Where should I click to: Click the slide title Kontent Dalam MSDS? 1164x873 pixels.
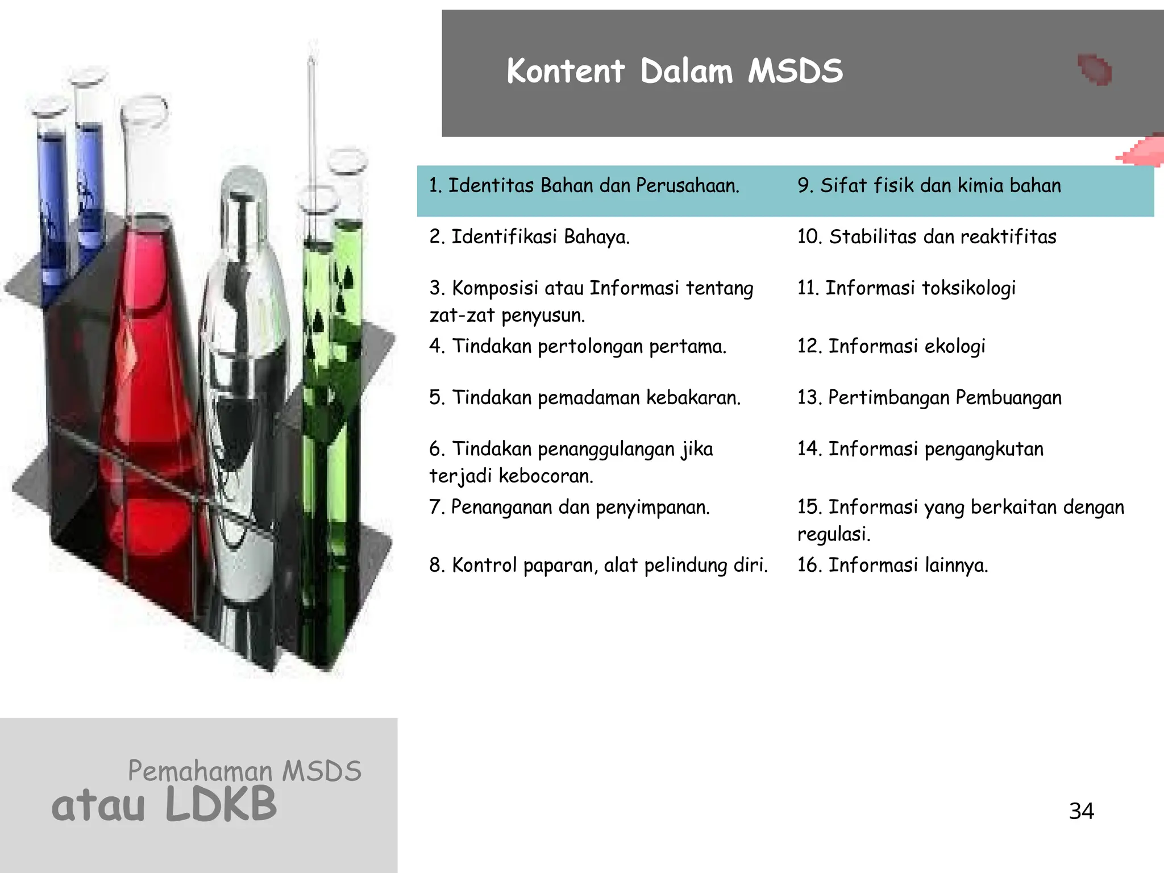point(674,72)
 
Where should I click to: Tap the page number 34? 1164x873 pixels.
point(1081,811)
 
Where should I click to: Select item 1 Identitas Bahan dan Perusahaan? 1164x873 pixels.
point(584,186)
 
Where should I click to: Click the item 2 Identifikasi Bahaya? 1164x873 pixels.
point(529,237)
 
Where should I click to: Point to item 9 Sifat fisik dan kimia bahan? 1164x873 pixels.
point(929,186)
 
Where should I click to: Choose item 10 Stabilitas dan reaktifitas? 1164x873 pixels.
point(926,237)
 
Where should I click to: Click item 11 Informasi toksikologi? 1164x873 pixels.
point(906,288)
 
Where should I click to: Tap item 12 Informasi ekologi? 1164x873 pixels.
point(891,346)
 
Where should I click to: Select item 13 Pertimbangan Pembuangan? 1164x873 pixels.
point(929,398)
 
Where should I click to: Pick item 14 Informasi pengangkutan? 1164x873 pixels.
point(920,449)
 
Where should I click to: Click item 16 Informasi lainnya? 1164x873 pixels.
point(892,566)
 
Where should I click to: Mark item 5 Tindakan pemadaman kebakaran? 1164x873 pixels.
point(585,398)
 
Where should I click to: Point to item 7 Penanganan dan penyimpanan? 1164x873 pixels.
point(569,507)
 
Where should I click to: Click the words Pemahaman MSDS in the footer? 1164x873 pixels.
point(244,771)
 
